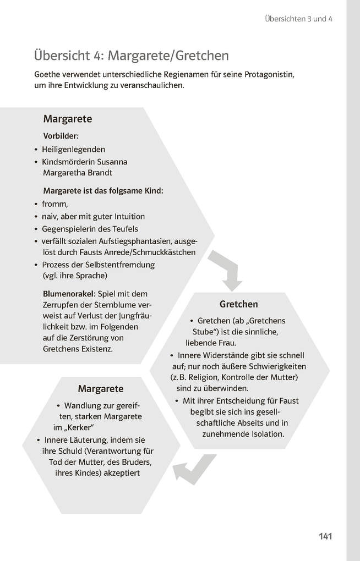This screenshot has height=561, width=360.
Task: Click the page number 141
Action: [x=325, y=536]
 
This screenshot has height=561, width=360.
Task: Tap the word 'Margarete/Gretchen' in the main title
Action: [x=168, y=56]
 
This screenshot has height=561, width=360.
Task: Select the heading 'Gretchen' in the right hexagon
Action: [x=238, y=304]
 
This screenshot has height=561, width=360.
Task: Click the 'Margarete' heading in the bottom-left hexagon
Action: [x=101, y=389]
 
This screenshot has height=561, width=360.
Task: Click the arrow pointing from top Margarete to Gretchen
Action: [x=227, y=269]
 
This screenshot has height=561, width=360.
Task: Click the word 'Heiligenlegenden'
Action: [x=73, y=149]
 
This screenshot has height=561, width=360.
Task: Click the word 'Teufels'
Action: [x=124, y=229]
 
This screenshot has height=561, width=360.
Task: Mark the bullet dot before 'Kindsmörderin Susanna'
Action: [x=35, y=162]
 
